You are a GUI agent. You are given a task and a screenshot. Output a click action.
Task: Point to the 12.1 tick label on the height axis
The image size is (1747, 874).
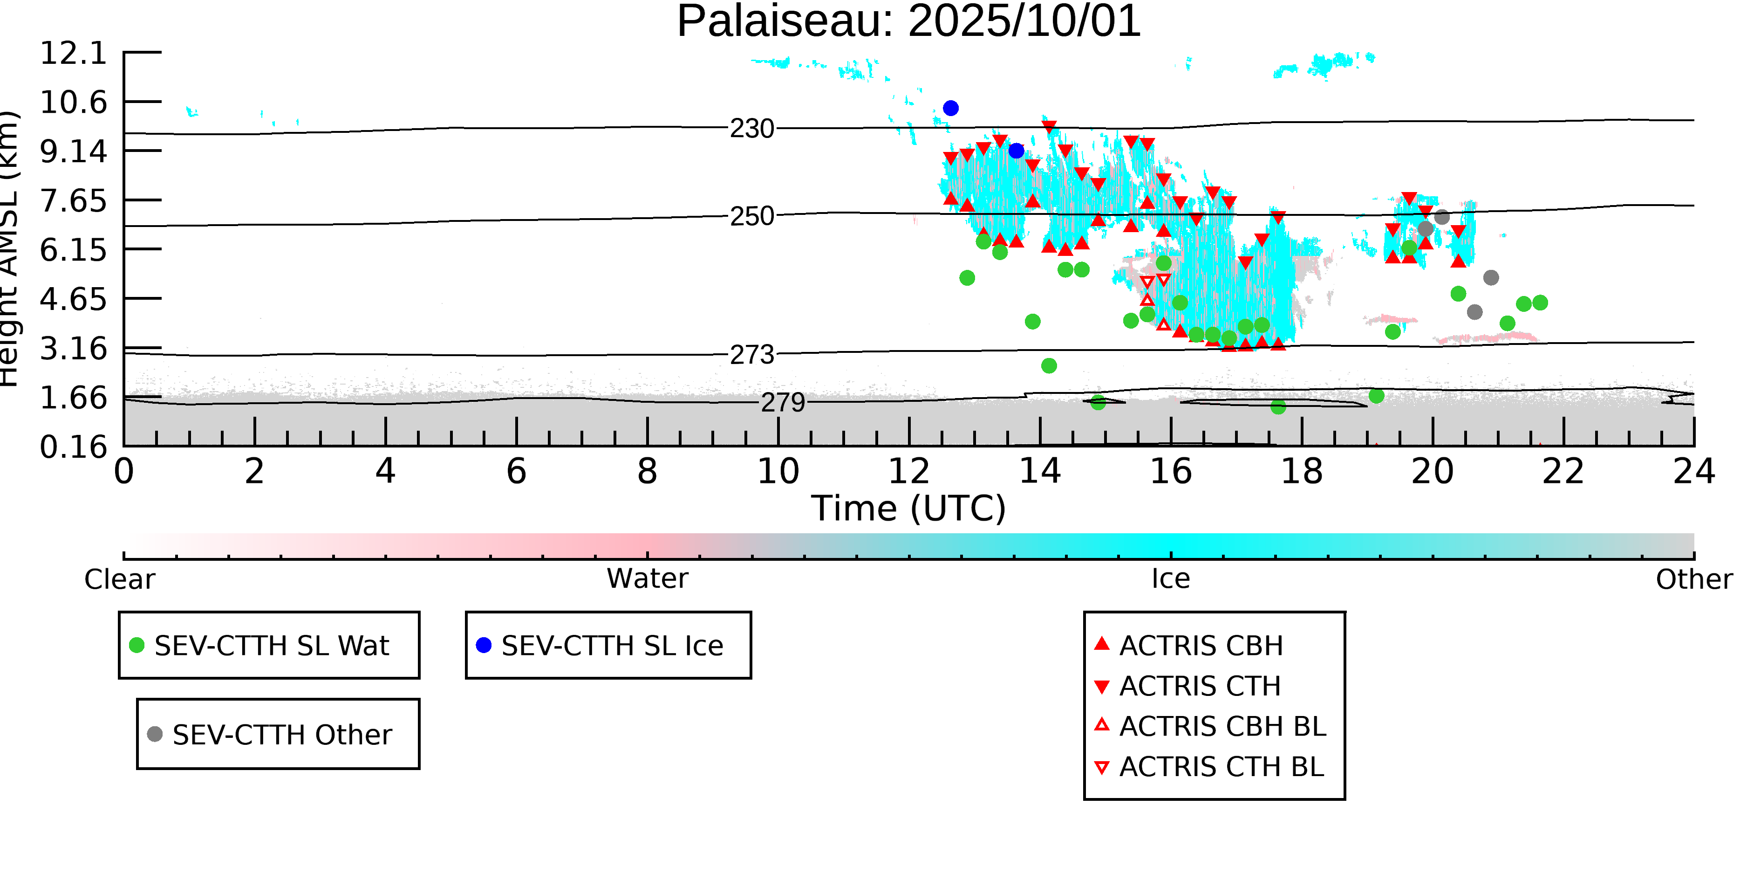pyautogui.click(x=73, y=53)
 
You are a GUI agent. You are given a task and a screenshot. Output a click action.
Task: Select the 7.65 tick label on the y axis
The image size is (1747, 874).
pyautogui.click(x=73, y=201)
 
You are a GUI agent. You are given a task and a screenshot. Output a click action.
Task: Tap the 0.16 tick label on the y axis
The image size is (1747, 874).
pyautogui.click(x=73, y=447)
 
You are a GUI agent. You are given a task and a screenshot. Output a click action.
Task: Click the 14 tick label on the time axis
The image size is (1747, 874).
pyautogui.click(x=1040, y=472)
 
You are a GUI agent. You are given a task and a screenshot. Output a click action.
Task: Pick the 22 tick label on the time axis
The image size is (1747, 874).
pyautogui.click(x=1563, y=472)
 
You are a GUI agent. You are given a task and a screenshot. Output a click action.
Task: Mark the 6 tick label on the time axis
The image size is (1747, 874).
pyautogui.click(x=516, y=472)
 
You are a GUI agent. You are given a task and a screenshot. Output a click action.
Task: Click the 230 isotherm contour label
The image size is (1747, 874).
pyautogui.click(x=751, y=128)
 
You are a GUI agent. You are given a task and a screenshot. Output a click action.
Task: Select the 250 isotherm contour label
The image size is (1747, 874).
pyautogui.click(x=751, y=216)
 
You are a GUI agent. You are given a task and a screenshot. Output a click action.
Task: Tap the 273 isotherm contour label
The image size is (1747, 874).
pyautogui.click(x=751, y=355)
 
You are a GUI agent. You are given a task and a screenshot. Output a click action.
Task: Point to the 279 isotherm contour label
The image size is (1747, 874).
pyautogui.click(x=783, y=402)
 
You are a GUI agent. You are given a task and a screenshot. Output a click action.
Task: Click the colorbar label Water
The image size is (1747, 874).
pyautogui.click(x=647, y=579)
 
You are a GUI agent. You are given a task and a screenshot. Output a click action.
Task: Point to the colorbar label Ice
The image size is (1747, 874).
pyautogui.click(x=1171, y=579)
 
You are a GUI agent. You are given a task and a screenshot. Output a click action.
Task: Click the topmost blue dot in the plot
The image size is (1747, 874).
pyautogui.click(x=951, y=109)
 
